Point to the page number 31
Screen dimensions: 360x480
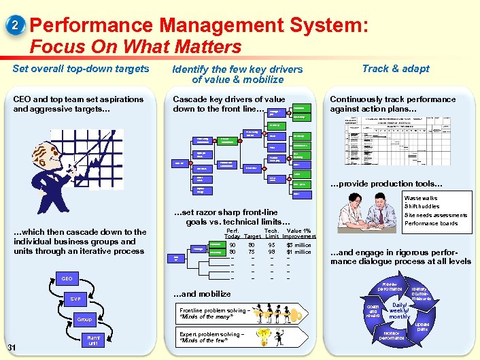[12, 348]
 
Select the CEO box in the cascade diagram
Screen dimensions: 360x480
[67, 278]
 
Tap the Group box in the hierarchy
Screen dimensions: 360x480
[84, 319]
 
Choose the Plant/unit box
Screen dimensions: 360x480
[93, 340]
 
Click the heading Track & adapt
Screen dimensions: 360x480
[395, 68]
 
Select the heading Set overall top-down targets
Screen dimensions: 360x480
[81, 68]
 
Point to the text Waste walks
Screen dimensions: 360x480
[421, 198]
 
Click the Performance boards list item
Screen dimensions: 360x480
[431, 223]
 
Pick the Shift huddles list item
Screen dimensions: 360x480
[422, 206]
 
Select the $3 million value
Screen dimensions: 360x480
[298, 245]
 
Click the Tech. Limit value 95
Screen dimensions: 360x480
[271, 245]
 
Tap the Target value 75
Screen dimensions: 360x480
[252, 252]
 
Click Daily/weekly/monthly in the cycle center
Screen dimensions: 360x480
[399, 311]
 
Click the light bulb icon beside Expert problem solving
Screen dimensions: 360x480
[280, 336]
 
